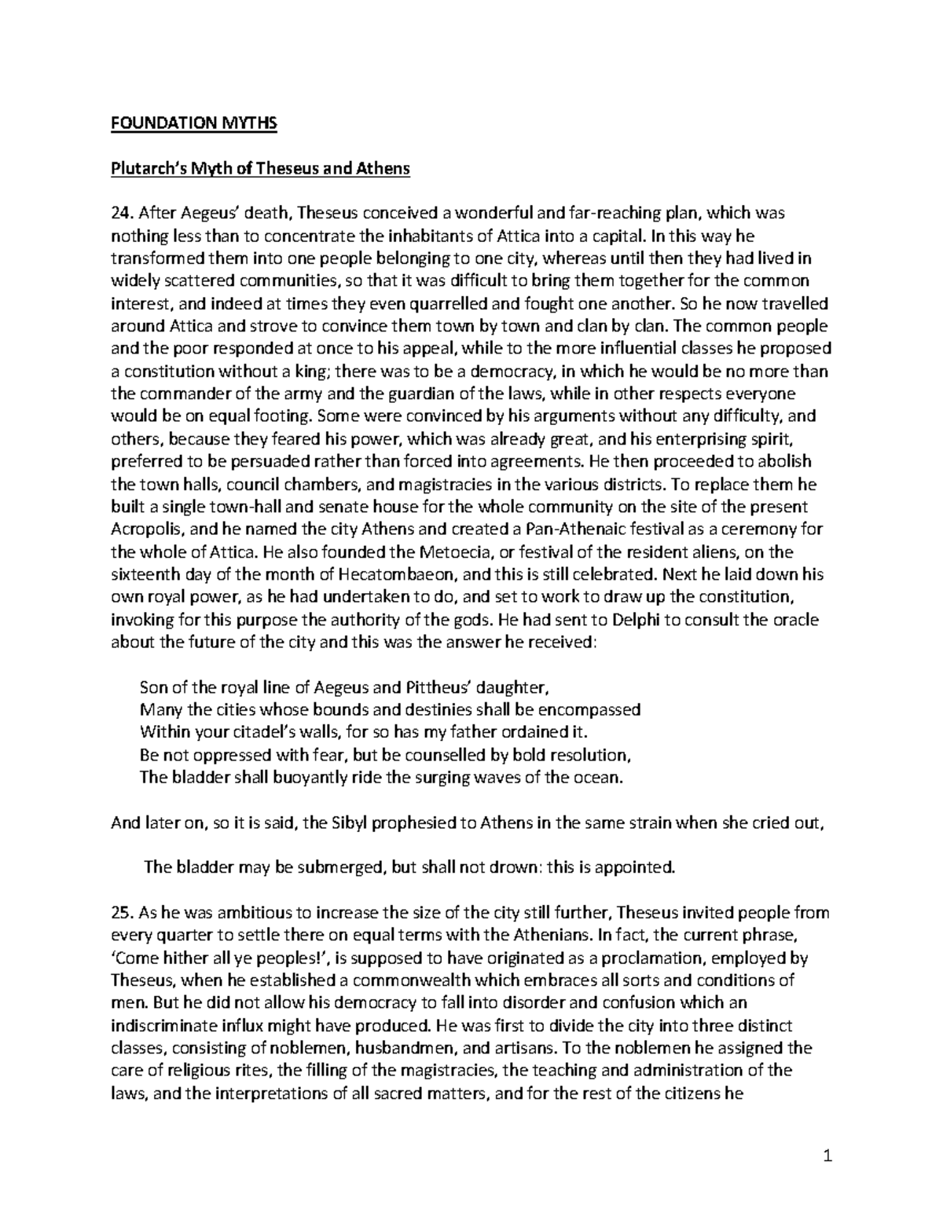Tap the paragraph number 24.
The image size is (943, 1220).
123,213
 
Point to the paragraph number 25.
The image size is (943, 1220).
123,913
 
